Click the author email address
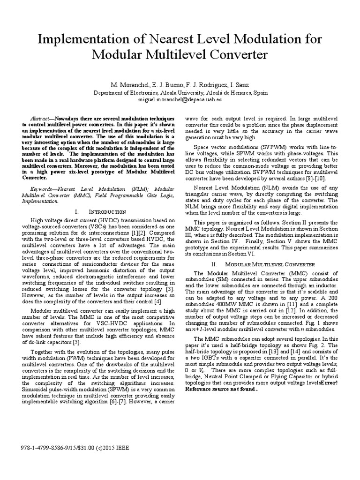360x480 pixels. [180, 100]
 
